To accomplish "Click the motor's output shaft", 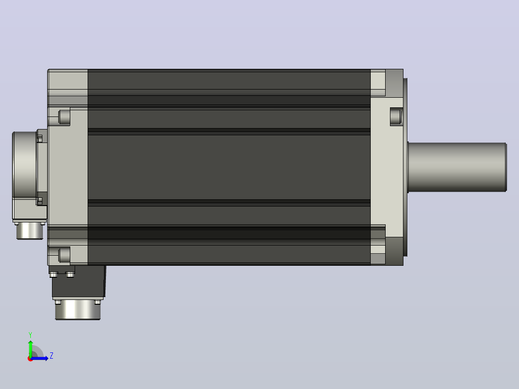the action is [x=457, y=167].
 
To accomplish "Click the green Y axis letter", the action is [x=30, y=335].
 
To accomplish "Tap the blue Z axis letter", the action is [x=52, y=356].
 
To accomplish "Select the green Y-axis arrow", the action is [x=30, y=349].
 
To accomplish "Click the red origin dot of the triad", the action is [x=30, y=359].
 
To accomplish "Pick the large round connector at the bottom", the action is [x=78, y=310].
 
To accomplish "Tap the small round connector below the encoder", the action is [x=30, y=231].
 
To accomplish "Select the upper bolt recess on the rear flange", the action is [x=64, y=117].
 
